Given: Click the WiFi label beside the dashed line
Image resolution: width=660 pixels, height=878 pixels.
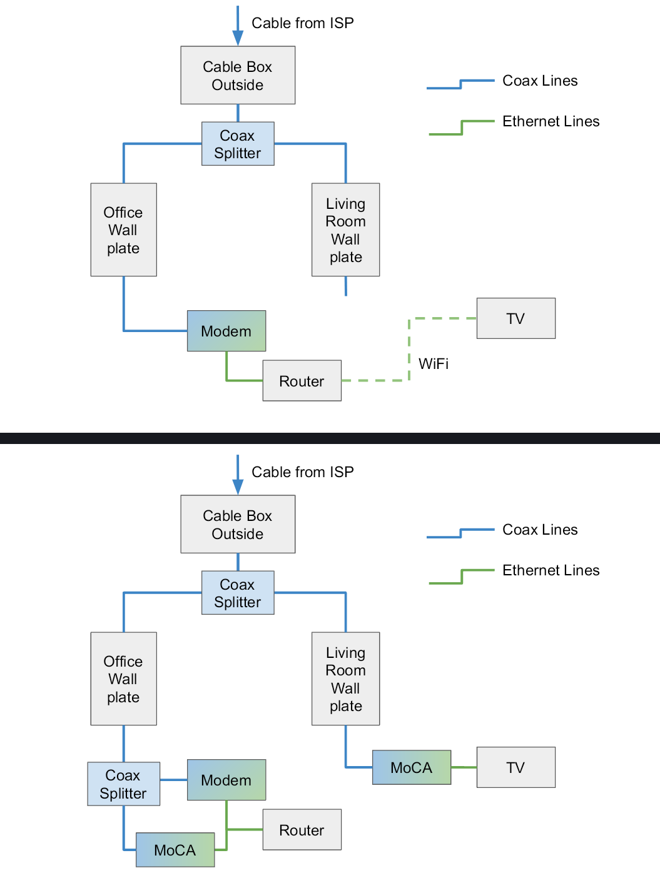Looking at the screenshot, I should tap(434, 364).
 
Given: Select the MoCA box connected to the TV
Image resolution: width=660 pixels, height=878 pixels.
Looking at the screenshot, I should tap(412, 767).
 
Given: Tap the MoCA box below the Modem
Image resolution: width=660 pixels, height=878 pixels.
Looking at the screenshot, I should tap(175, 850).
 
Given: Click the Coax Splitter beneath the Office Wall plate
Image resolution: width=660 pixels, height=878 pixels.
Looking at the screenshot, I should tap(123, 784).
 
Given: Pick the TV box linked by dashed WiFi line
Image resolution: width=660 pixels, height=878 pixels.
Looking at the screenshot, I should tap(515, 318).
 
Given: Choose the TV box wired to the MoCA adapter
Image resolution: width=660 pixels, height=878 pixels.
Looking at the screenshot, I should tap(515, 767).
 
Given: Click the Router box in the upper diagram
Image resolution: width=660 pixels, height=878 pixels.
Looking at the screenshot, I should tap(302, 381).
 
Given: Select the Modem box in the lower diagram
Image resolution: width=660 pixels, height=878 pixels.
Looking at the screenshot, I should tap(226, 780).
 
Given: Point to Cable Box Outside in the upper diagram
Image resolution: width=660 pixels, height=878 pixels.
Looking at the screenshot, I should tap(238, 76).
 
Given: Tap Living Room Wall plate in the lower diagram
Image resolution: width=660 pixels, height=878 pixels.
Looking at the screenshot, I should tap(345, 679).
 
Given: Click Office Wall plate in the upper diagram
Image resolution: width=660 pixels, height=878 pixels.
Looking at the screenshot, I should tap(123, 230).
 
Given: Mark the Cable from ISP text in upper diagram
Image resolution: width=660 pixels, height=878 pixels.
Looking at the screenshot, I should tap(303, 23).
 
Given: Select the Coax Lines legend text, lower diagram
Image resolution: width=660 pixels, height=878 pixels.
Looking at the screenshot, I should tap(540, 530).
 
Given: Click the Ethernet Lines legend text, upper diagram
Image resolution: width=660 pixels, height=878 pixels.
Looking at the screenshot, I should tap(551, 121).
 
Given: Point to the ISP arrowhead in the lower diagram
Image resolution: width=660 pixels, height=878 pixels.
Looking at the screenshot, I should tap(238, 486).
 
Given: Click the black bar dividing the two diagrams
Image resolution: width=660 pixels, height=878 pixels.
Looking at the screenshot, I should tap(330, 438).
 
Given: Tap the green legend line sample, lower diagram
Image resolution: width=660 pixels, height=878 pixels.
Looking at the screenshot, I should tap(462, 577).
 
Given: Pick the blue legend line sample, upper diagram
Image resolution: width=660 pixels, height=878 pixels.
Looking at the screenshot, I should tap(460, 84).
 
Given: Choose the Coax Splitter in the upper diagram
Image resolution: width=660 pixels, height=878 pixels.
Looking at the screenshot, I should tap(238, 144).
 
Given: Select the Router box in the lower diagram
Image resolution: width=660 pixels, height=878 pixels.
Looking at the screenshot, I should tap(302, 830).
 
